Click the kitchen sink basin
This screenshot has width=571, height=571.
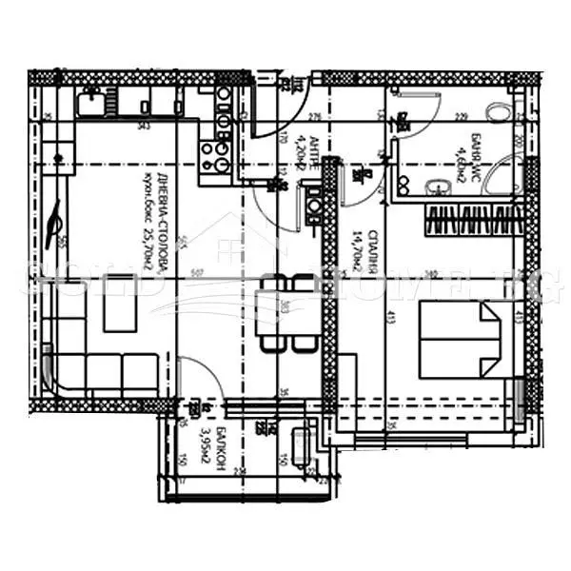click(91, 99)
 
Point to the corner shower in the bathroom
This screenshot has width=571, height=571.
click(510, 176)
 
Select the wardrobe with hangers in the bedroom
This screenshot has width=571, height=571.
click(473, 221)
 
